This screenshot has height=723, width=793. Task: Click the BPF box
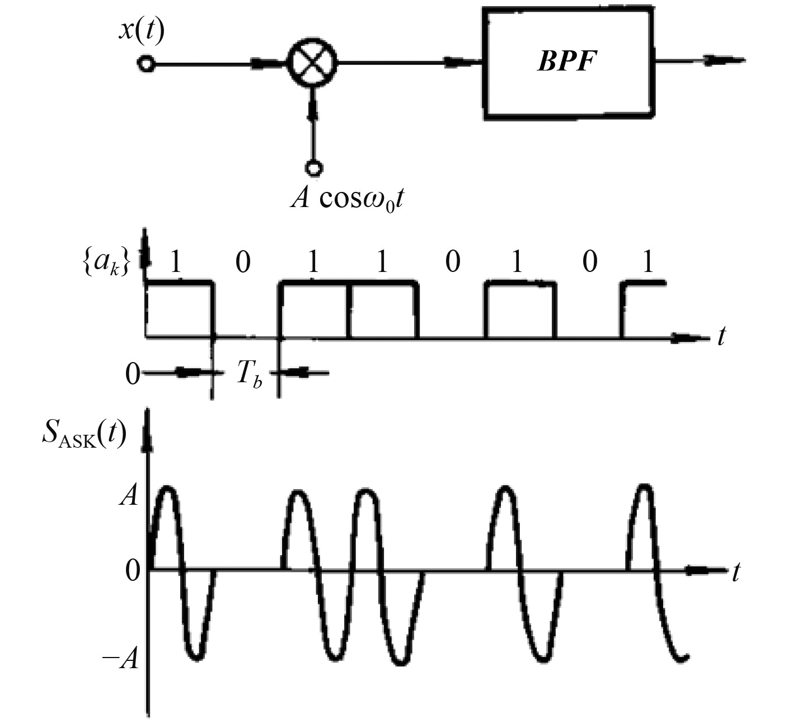coord(569,63)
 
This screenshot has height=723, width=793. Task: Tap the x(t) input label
coord(142,31)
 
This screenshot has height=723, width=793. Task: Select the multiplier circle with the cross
coord(312,63)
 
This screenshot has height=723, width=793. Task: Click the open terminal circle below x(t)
coord(146,64)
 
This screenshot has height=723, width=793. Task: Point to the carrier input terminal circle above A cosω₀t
coord(313,167)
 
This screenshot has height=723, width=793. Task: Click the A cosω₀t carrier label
coord(347,199)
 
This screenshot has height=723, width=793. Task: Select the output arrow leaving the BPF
coord(722,60)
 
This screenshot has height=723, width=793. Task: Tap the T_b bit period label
coord(248,374)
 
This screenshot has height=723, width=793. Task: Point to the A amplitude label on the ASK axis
coord(128,496)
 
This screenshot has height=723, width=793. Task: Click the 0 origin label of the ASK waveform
coord(132,571)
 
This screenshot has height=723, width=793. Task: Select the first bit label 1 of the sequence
coord(176,261)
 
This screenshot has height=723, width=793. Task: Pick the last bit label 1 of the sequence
coord(648,261)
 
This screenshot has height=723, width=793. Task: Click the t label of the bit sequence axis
coord(721,337)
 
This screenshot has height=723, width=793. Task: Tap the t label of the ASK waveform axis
coord(736,572)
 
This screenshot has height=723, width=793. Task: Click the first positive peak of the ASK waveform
coord(167,489)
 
